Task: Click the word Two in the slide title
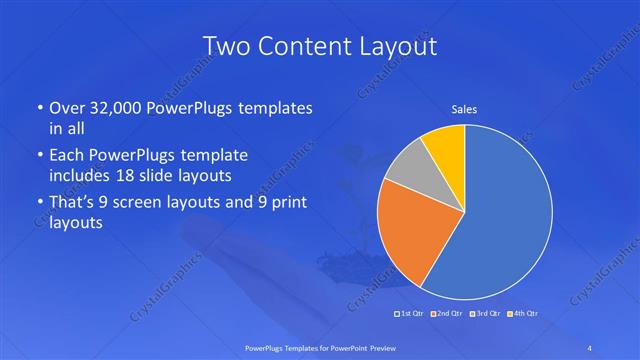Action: pos(225,46)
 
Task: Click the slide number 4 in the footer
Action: pos(590,347)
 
